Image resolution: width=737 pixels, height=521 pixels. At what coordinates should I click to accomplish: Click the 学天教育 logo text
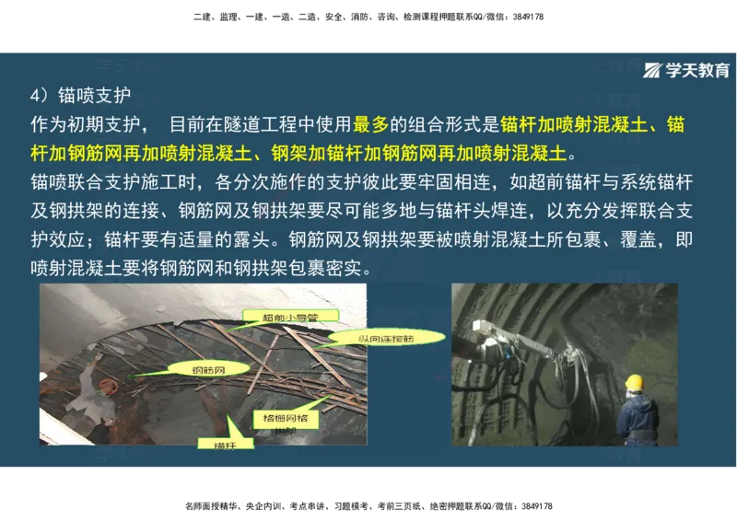click(697, 71)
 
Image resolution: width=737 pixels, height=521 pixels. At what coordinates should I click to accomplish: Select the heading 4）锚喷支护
click(81, 96)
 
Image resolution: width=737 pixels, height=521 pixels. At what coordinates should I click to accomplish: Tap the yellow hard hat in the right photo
click(634, 381)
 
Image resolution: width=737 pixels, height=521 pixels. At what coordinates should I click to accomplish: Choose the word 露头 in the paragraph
click(253, 241)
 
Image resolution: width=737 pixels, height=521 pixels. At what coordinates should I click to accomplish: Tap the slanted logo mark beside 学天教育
click(653, 71)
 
